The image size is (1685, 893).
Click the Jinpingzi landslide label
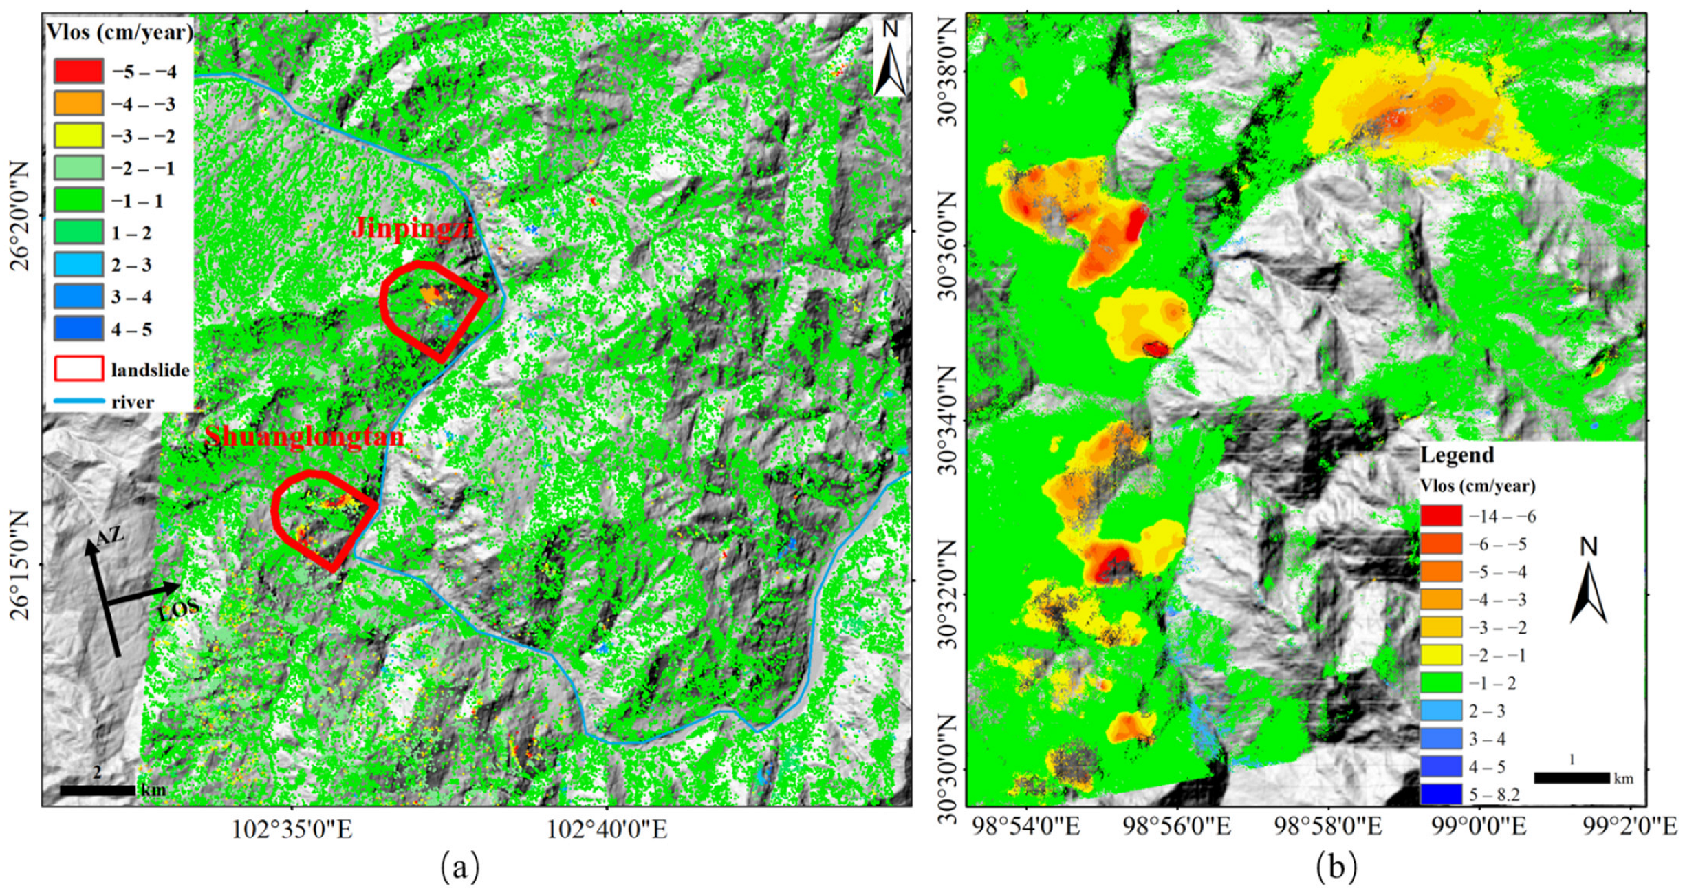coord(413,228)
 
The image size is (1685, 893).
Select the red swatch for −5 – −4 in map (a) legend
coord(78,71)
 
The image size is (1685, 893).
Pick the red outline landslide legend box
coord(78,369)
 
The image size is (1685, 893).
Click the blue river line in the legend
coord(78,401)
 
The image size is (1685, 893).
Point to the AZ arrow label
coord(110,536)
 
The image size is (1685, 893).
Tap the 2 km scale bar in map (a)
coord(97,790)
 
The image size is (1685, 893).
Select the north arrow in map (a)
coord(889,61)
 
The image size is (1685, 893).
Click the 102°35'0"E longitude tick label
coord(292,830)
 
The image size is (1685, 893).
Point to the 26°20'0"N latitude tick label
coord(21,216)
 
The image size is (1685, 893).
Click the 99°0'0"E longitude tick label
coord(1478,826)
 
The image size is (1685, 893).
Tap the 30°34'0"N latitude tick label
coord(947,420)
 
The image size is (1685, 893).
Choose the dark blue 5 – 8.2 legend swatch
coord(1441,795)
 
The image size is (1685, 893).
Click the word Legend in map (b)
coord(1457,455)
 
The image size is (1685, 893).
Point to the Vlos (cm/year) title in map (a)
coord(120,32)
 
